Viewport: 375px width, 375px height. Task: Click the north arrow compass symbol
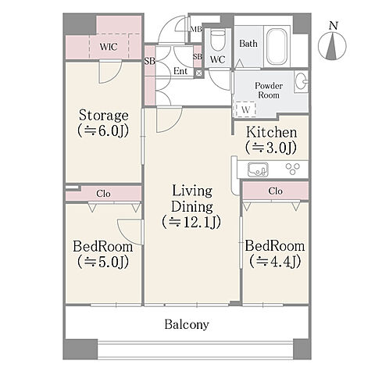[332, 45]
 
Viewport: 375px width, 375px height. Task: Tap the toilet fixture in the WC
[217, 41]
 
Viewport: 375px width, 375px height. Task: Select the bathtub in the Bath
[277, 46]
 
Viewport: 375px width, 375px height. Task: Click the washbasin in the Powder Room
[302, 81]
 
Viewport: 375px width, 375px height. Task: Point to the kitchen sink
[258, 170]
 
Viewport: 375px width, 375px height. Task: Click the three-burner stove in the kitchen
[293, 169]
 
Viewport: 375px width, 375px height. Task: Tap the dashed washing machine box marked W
[245, 109]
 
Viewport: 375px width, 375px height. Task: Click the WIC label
[109, 47]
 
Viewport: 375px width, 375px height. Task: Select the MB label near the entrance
[196, 30]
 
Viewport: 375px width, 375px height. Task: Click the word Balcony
[187, 325]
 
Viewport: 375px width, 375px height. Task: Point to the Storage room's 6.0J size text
[103, 131]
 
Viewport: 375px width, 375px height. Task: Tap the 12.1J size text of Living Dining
[191, 222]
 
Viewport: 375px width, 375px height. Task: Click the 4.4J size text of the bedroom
[275, 261]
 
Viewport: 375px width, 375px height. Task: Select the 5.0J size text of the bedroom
[103, 262]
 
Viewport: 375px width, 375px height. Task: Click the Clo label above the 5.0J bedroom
[103, 194]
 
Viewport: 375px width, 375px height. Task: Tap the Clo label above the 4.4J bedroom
[275, 191]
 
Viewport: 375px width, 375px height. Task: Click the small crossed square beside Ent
[198, 73]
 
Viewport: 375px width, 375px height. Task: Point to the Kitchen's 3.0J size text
[271, 148]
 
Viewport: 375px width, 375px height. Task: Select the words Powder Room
[269, 91]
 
